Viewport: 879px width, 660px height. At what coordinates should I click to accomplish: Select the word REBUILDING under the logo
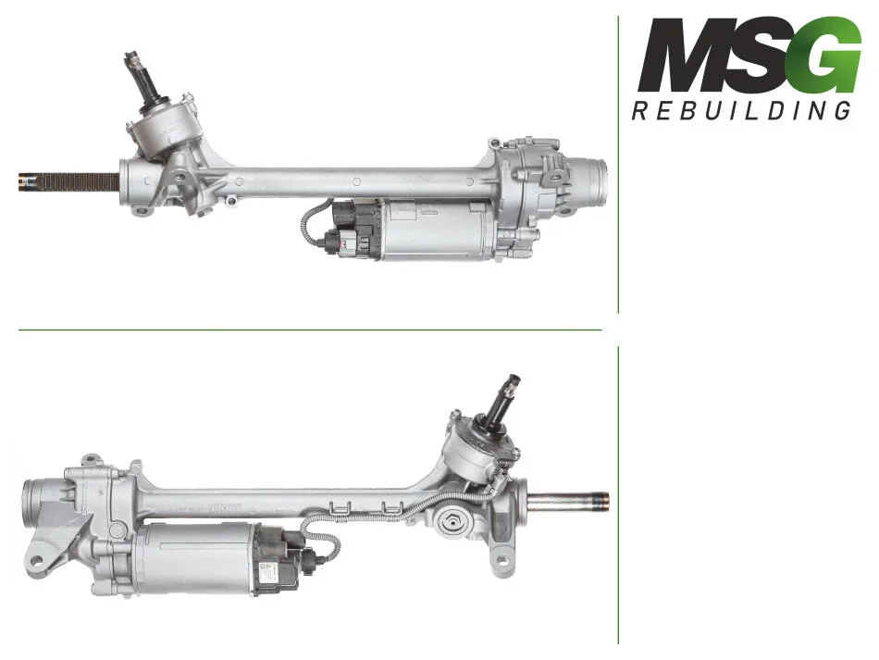[741, 110]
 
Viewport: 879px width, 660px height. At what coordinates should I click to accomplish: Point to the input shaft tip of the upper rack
[131, 57]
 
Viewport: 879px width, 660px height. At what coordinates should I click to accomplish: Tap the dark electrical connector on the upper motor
[352, 230]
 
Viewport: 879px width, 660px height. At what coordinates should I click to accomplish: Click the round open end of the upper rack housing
[597, 182]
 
